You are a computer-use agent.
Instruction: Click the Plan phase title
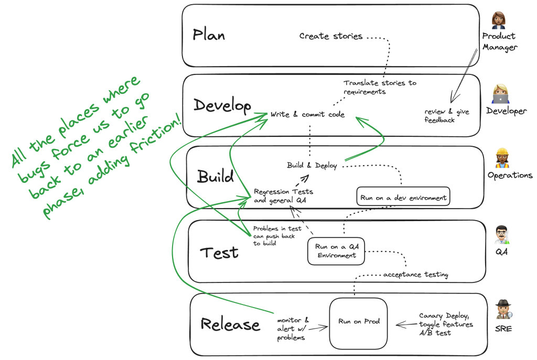coord(209,35)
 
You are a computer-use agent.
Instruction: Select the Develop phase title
coord(222,105)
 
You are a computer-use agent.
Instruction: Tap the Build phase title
coord(215,177)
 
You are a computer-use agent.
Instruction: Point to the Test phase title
coord(219,253)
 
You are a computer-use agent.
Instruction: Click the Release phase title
coord(230,324)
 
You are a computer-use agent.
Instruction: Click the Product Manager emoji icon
coord(498,20)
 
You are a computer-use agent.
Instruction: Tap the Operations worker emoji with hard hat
coord(502,158)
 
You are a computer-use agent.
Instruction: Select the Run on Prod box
coord(359,322)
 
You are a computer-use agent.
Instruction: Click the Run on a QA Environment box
coord(336,251)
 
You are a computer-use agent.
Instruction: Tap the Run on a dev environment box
coord(403,198)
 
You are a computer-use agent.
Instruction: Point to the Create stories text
coord(330,37)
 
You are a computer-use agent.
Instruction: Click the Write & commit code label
coord(307,114)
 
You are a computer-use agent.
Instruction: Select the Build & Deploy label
coord(311,166)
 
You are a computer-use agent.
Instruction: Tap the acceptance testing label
coord(415,275)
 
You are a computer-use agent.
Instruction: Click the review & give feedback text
coord(447,116)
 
